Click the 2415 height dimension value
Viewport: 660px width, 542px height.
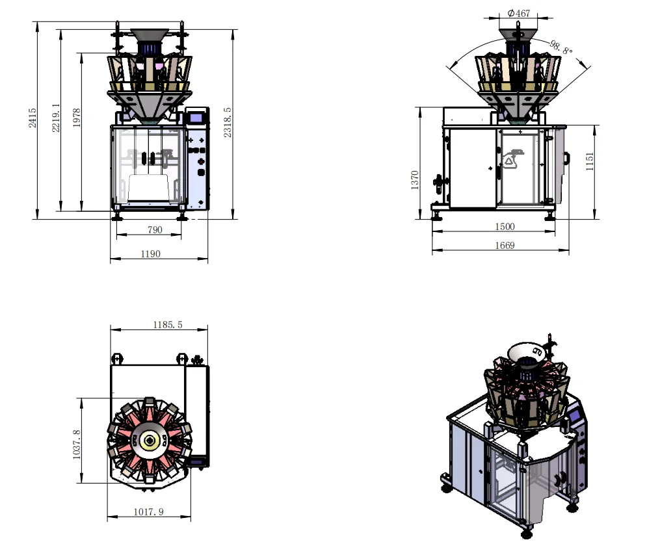point(33,118)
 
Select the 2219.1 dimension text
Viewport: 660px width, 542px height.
point(55,118)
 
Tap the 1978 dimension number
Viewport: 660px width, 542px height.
point(76,118)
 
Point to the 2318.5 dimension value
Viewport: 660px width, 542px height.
point(228,122)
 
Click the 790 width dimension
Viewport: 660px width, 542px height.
point(155,230)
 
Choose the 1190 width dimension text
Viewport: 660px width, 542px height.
point(150,253)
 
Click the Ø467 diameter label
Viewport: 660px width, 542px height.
point(519,13)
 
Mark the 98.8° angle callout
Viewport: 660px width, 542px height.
point(561,47)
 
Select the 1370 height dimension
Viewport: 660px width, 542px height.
point(415,180)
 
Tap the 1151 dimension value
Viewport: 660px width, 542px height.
point(590,161)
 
